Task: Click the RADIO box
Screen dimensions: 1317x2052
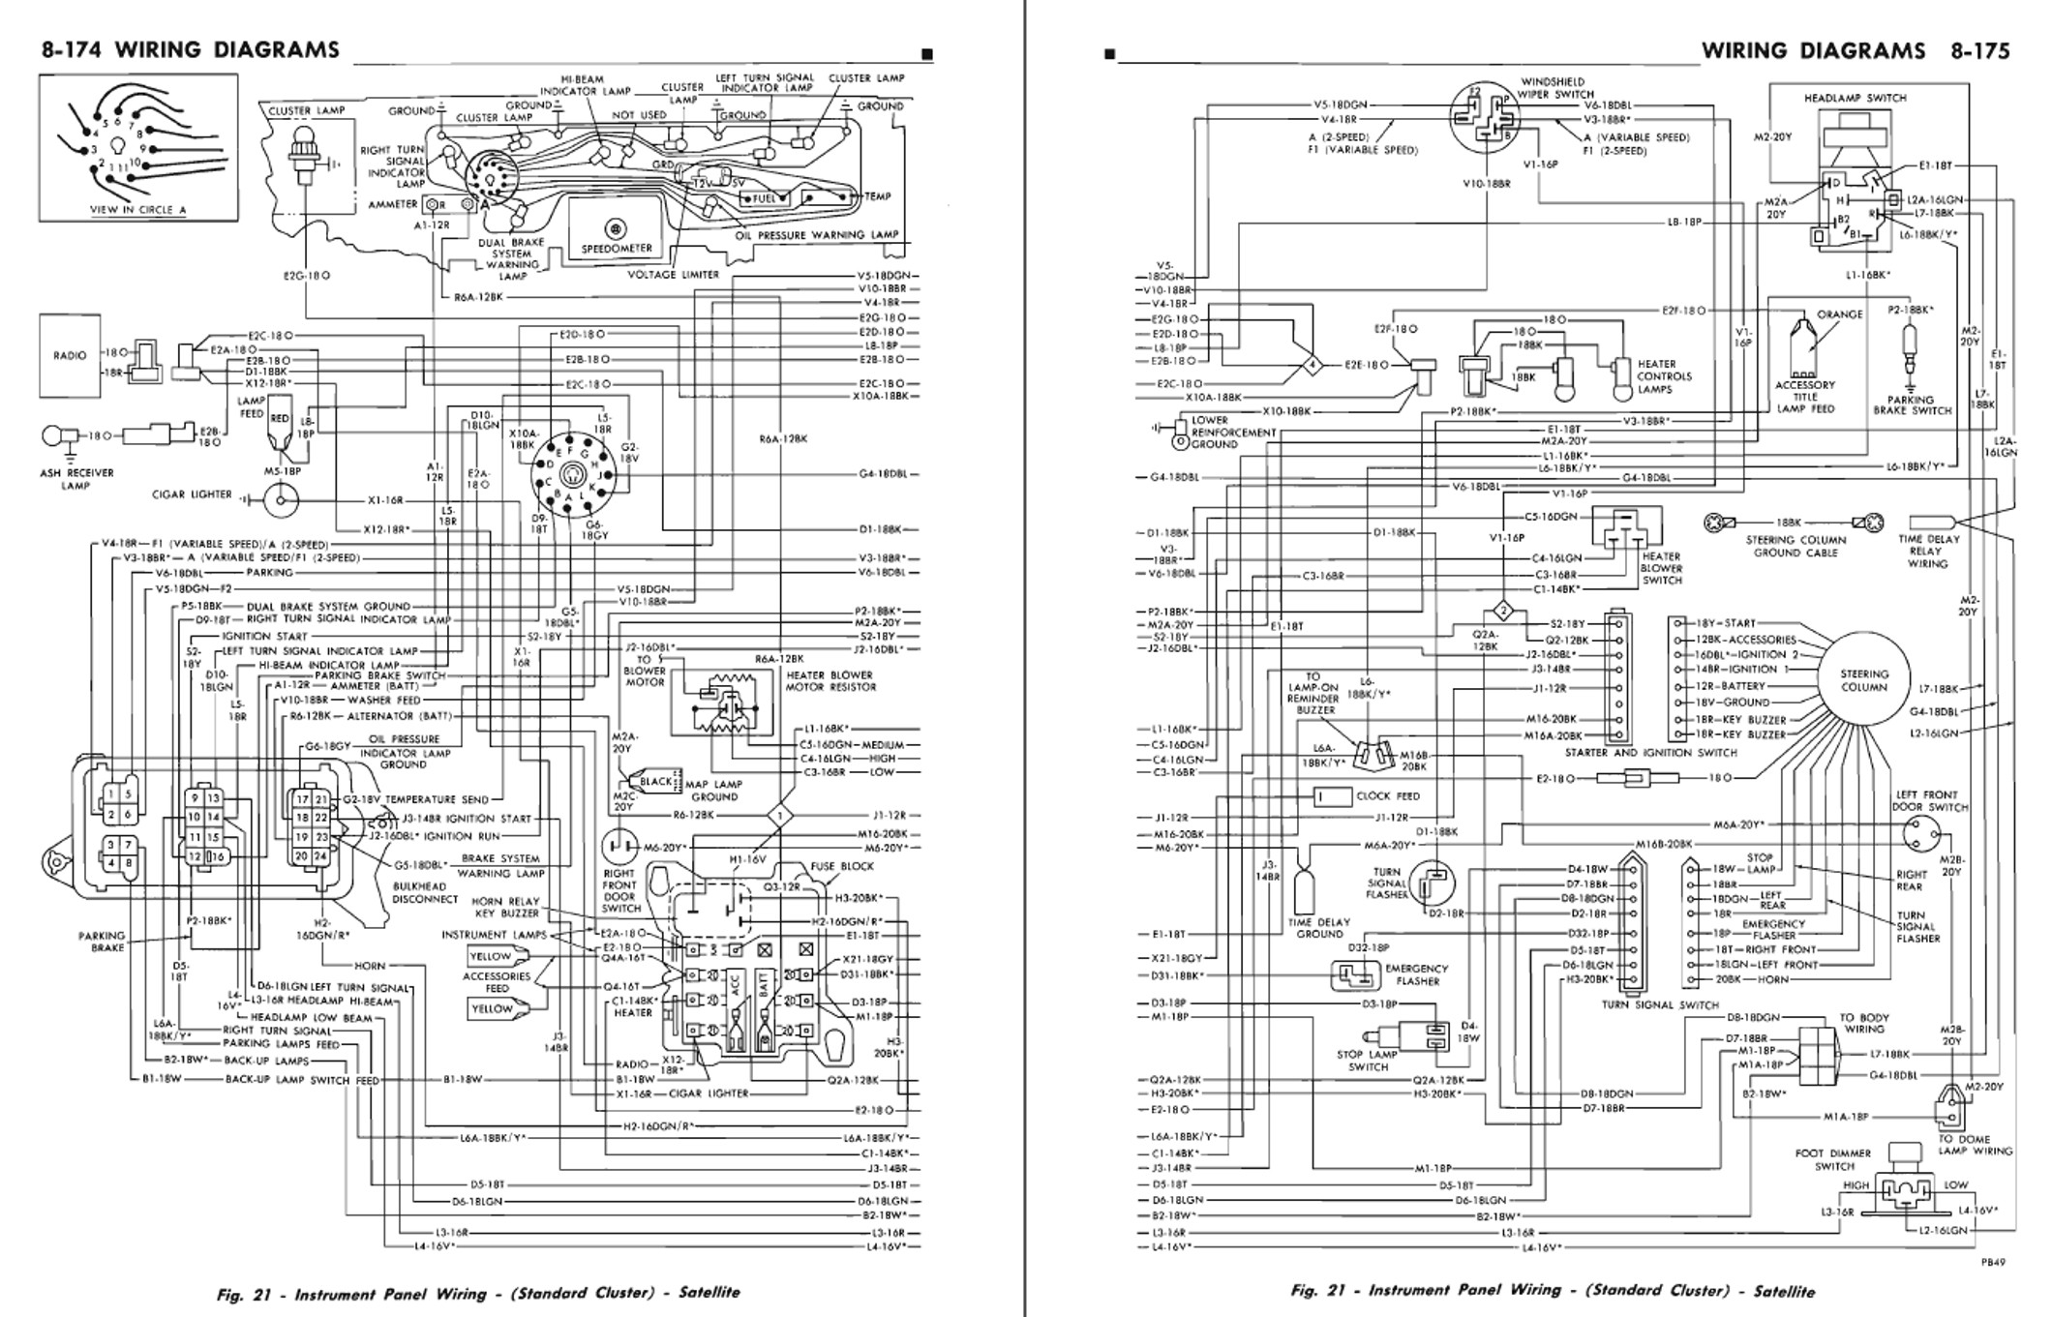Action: point(70,355)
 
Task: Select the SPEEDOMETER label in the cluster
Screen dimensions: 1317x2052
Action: point(617,248)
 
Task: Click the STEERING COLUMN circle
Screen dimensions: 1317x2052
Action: point(1863,680)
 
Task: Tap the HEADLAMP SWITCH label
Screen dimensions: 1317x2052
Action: point(1855,98)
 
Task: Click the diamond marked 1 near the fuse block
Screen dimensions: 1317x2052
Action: point(779,816)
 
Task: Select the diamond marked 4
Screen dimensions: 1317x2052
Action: point(1312,366)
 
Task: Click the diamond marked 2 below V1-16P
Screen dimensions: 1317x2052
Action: point(1503,611)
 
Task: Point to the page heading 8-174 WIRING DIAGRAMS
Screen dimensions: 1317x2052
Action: point(190,50)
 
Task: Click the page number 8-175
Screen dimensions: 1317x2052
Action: point(1979,51)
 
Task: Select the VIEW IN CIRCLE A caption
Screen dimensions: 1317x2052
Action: point(138,210)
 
